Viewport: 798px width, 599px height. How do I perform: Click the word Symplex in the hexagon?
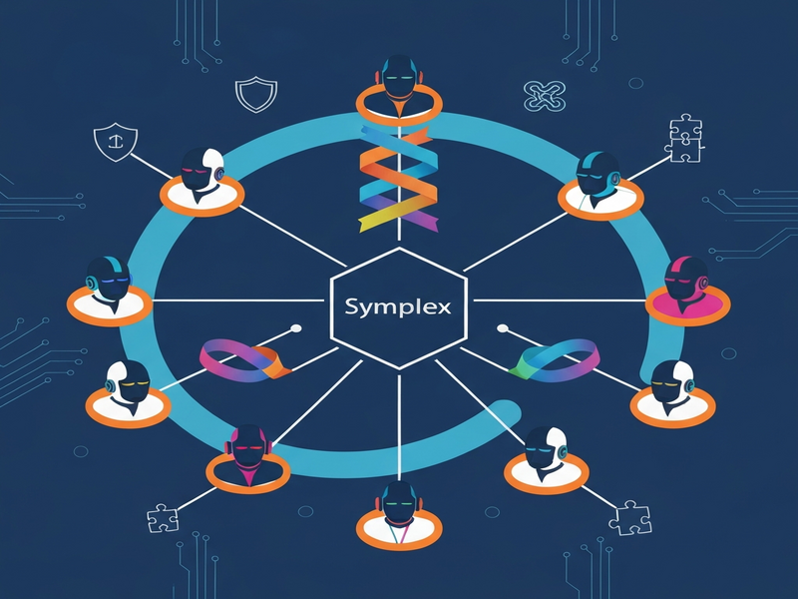(x=397, y=307)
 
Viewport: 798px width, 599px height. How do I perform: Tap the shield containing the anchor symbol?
(x=116, y=142)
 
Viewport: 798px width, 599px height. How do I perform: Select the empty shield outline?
(x=256, y=94)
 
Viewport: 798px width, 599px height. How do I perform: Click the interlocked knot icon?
(x=545, y=96)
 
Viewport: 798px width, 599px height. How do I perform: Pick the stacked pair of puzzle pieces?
(x=685, y=138)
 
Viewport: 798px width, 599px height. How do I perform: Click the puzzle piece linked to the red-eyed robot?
(x=163, y=518)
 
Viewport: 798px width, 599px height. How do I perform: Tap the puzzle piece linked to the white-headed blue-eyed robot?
(x=630, y=517)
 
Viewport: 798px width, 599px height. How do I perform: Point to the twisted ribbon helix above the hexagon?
(x=398, y=178)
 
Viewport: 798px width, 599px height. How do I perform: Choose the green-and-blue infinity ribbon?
(x=555, y=360)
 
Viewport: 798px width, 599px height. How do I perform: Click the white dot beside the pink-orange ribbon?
(x=295, y=328)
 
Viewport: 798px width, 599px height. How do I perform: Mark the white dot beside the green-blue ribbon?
(x=503, y=328)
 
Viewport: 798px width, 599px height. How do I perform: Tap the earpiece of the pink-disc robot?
(x=704, y=282)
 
